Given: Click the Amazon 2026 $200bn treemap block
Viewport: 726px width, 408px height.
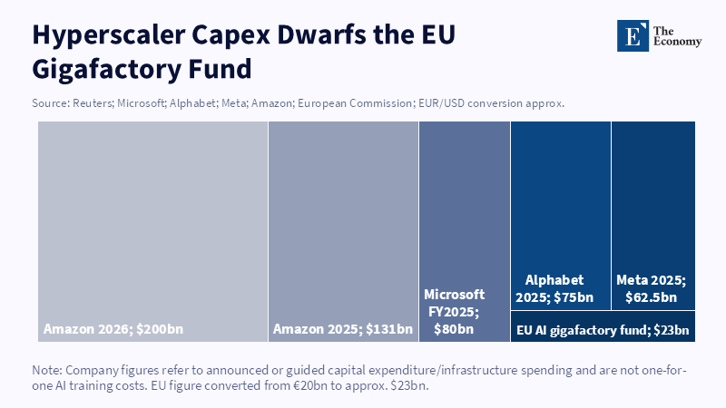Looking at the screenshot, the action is pos(152,232).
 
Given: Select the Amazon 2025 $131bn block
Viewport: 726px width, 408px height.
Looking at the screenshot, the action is pos(343,232).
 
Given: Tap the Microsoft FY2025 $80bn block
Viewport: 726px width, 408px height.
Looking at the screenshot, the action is pos(465,232).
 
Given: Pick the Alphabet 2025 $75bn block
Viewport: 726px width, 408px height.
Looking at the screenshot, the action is pos(560,216).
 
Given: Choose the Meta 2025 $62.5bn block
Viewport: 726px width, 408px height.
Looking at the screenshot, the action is pos(653,216).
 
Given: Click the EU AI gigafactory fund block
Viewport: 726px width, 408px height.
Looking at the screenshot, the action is pos(603,326).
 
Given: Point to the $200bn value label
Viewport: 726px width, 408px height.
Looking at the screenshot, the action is pos(160,329).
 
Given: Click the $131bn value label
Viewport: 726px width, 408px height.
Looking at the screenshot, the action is pos(389,329).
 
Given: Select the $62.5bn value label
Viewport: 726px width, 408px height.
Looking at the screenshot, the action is pos(651,297).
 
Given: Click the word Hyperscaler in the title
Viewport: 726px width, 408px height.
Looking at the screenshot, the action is pos(109,35).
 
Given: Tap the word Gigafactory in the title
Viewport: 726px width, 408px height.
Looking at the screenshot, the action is pos(105,70).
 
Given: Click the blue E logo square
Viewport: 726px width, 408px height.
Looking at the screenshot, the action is pos(633,35).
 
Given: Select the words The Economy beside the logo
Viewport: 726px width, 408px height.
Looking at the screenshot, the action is pos(677,36).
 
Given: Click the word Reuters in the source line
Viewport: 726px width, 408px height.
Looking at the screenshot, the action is pos(93,103).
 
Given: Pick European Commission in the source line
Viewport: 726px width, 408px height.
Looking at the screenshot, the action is pos(355,103).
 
